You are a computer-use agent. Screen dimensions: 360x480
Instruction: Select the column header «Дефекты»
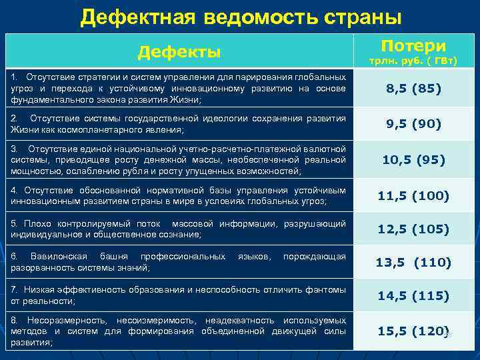coord(179,51)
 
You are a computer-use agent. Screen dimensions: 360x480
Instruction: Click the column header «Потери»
coord(413,45)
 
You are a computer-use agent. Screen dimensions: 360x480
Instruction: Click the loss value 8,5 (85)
coord(413,88)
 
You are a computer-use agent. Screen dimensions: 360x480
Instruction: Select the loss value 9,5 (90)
coord(413,123)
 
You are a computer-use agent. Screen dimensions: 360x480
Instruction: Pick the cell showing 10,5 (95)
coord(413,160)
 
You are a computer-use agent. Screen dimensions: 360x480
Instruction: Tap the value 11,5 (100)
coord(413,196)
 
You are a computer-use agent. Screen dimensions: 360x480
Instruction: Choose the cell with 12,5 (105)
coord(413,229)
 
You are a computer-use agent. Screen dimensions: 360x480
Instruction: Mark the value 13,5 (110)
coord(413,262)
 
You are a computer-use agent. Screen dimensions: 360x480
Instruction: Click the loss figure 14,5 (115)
coord(413,295)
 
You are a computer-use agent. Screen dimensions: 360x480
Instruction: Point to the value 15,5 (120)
coord(412,330)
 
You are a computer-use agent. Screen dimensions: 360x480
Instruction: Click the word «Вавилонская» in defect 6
coord(59,257)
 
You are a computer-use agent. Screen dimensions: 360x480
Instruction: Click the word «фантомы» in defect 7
coord(326,290)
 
